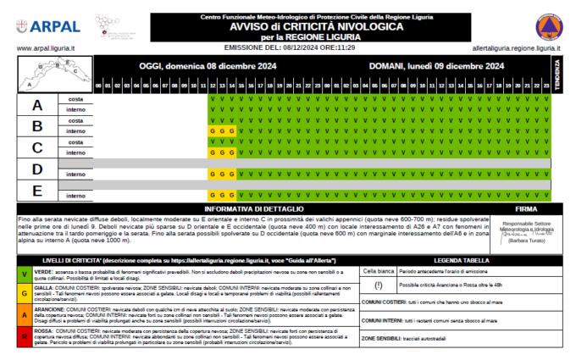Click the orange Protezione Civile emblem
click(x=549, y=28)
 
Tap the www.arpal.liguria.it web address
click(x=46, y=49)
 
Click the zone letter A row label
click(x=36, y=105)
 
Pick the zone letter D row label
click(x=36, y=169)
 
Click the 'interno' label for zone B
click(x=75, y=131)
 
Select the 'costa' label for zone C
click(x=75, y=142)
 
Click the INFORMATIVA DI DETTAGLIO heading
click(x=253, y=208)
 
